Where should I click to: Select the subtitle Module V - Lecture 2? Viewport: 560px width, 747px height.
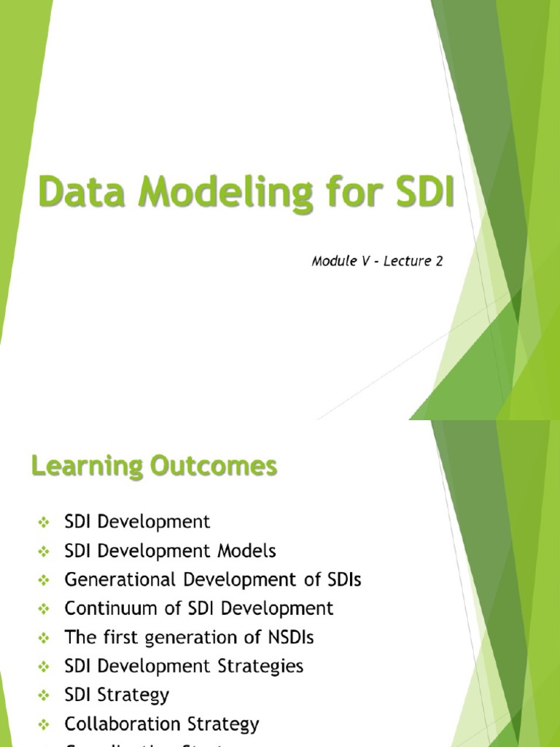tap(377, 261)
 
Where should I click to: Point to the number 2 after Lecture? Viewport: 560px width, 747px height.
tap(439, 261)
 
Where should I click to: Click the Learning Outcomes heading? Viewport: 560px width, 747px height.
tap(154, 466)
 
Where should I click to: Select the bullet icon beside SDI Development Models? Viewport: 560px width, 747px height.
tap(43, 551)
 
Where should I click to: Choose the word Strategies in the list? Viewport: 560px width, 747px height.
tap(261, 666)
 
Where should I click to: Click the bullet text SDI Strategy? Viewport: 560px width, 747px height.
tap(117, 694)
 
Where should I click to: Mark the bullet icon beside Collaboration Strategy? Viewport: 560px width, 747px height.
tap(43, 724)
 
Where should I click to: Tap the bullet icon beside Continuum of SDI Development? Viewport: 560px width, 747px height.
tap(43, 609)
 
